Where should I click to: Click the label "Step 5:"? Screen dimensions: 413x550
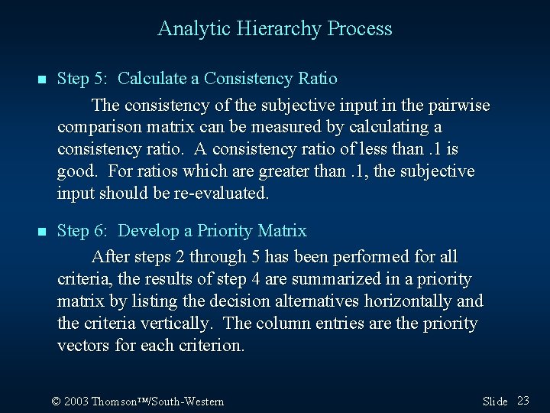click(x=84, y=79)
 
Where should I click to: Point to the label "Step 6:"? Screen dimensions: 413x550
click(x=84, y=231)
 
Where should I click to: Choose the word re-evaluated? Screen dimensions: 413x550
click(x=221, y=193)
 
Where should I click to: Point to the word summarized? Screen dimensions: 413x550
click(x=317, y=279)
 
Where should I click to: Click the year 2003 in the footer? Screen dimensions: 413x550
click(x=77, y=402)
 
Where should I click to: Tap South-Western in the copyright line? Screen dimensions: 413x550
click(x=191, y=402)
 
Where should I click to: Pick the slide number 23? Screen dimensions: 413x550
click(x=523, y=401)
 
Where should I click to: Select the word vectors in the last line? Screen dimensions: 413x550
click(x=83, y=346)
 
